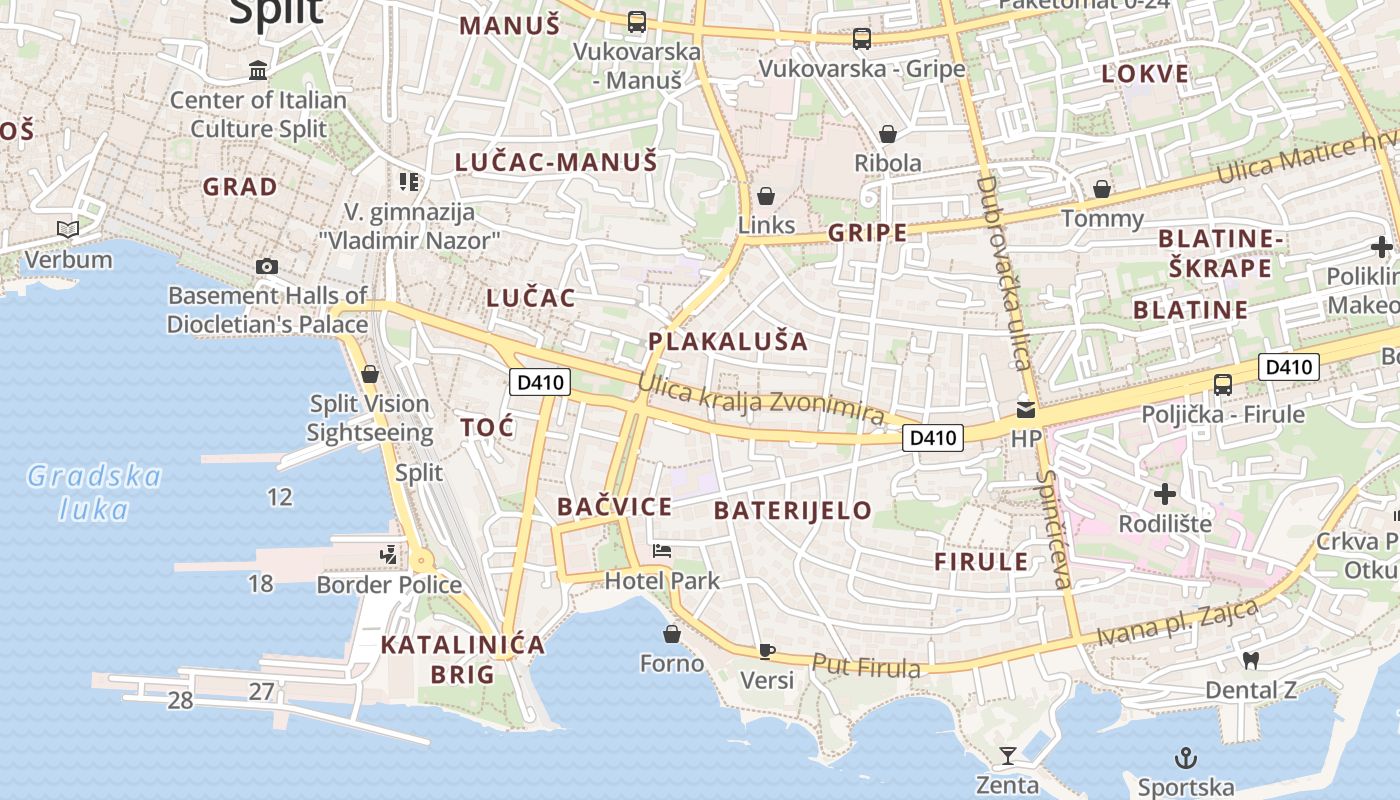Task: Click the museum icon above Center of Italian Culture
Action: point(259,70)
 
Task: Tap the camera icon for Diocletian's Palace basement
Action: point(267,266)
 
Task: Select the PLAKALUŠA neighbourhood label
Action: point(727,341)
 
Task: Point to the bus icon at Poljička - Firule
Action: point(1222,385)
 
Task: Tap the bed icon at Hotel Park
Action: point(661,550)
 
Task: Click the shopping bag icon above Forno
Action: point(672,634)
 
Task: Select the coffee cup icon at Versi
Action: point(767,651)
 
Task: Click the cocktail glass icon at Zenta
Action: point(1008,755)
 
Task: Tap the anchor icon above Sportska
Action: point(1185,758)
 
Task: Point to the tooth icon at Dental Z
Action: point(1250,660)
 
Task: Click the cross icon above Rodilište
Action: point(1164,494)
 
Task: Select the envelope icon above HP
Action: point(1026,409)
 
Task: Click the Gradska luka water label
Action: point(93,492)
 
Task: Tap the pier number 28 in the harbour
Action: point(180,700)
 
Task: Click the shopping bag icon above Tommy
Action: point(1102,189)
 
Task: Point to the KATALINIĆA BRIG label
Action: point(463,659)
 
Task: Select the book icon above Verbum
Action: point(68,230)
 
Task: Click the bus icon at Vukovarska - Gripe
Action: point(861,39)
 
